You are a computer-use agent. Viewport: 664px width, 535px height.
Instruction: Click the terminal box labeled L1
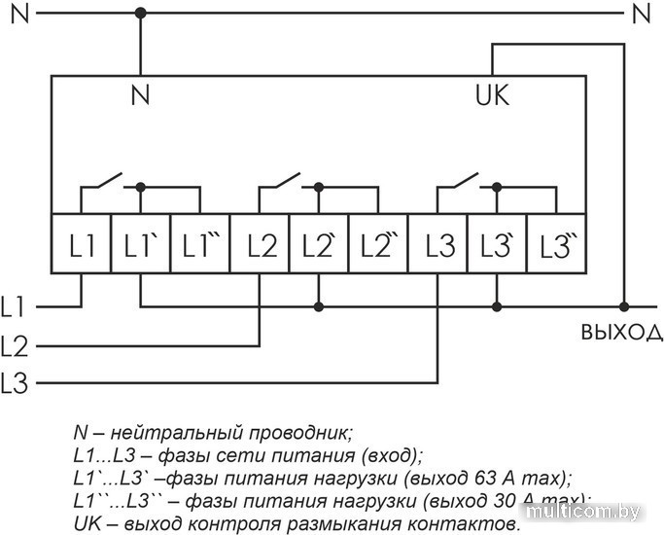(x=81, y=243)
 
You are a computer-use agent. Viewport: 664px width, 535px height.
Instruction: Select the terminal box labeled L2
(x=260, y=243)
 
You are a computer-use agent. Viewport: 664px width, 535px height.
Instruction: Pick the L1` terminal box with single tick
(x=141, y=243)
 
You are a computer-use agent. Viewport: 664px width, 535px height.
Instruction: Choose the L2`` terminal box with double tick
(x=378, y=243)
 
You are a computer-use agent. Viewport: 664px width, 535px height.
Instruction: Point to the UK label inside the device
(x=492, y=95)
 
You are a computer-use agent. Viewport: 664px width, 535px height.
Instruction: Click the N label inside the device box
(x=141, y=95)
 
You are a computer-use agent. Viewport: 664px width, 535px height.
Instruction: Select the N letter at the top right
(x=641, y=13)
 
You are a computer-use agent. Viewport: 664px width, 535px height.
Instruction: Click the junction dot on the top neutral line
(x=141, y=13)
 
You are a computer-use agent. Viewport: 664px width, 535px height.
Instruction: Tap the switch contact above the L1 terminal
(x=104, y=181)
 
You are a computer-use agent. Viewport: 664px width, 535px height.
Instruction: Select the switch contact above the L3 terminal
(x=461, y=181)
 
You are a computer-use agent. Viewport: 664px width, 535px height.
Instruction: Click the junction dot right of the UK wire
(x=624, y=306)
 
